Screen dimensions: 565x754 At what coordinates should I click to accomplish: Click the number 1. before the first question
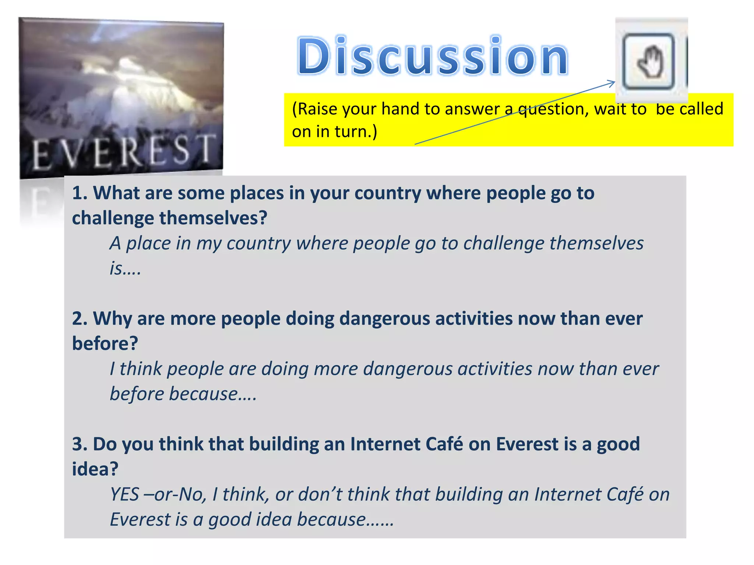point(80,193)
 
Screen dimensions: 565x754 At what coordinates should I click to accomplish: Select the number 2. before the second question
point(80,319)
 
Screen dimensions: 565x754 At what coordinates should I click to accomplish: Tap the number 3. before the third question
point(80,444)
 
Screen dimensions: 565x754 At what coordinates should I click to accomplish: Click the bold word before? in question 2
point(105,344)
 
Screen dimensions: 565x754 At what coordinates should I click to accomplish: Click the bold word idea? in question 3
point(95,469)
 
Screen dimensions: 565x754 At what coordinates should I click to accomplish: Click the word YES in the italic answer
point(125,494)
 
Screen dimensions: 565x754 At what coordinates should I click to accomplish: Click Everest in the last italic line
point(140,519)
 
